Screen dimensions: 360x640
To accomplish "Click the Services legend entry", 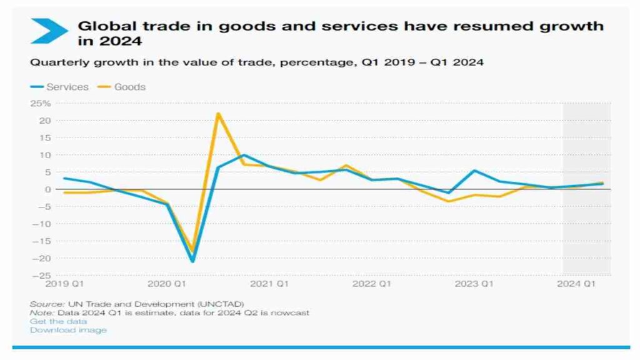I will [67, 87].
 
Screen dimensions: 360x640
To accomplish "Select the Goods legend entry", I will [129, 87].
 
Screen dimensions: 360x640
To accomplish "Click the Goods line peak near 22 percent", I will [217, 113].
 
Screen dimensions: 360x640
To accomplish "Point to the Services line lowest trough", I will [192, 261].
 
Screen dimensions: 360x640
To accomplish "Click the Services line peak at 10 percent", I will [244, 155].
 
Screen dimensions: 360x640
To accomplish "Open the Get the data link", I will [58, 321].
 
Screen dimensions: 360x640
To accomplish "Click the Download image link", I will [68, 330].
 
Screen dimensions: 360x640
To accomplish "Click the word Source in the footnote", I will [42, 304].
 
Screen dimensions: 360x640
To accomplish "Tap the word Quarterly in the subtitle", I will [53, 62].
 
